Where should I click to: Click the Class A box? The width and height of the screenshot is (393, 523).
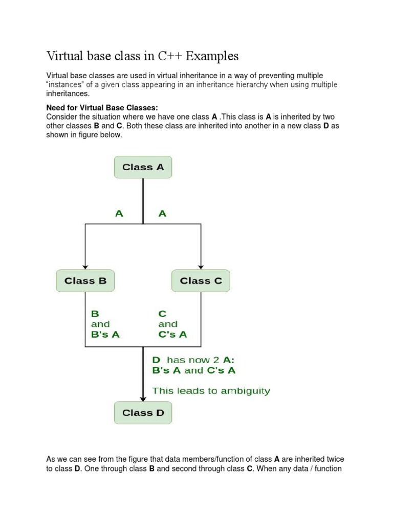[143, 168]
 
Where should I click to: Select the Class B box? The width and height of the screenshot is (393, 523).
[85, 281]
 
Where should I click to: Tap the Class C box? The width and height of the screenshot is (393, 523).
[201, 281]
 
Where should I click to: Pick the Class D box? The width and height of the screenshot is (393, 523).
[143, 413]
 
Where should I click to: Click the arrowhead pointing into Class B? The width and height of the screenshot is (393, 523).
[85, 267]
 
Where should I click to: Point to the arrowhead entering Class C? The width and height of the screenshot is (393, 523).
[201, 267]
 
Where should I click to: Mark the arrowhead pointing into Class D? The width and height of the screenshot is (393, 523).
[143, 399]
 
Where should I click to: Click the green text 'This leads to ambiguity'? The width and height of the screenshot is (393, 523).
[211, 391]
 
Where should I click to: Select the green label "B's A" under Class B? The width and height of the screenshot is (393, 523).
[105, 335]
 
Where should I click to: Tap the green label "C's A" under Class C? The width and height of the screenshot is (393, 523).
[172, 335]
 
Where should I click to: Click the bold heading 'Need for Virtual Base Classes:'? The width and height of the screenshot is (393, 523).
[102, 108]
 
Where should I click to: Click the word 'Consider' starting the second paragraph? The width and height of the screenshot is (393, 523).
[61, 116]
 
